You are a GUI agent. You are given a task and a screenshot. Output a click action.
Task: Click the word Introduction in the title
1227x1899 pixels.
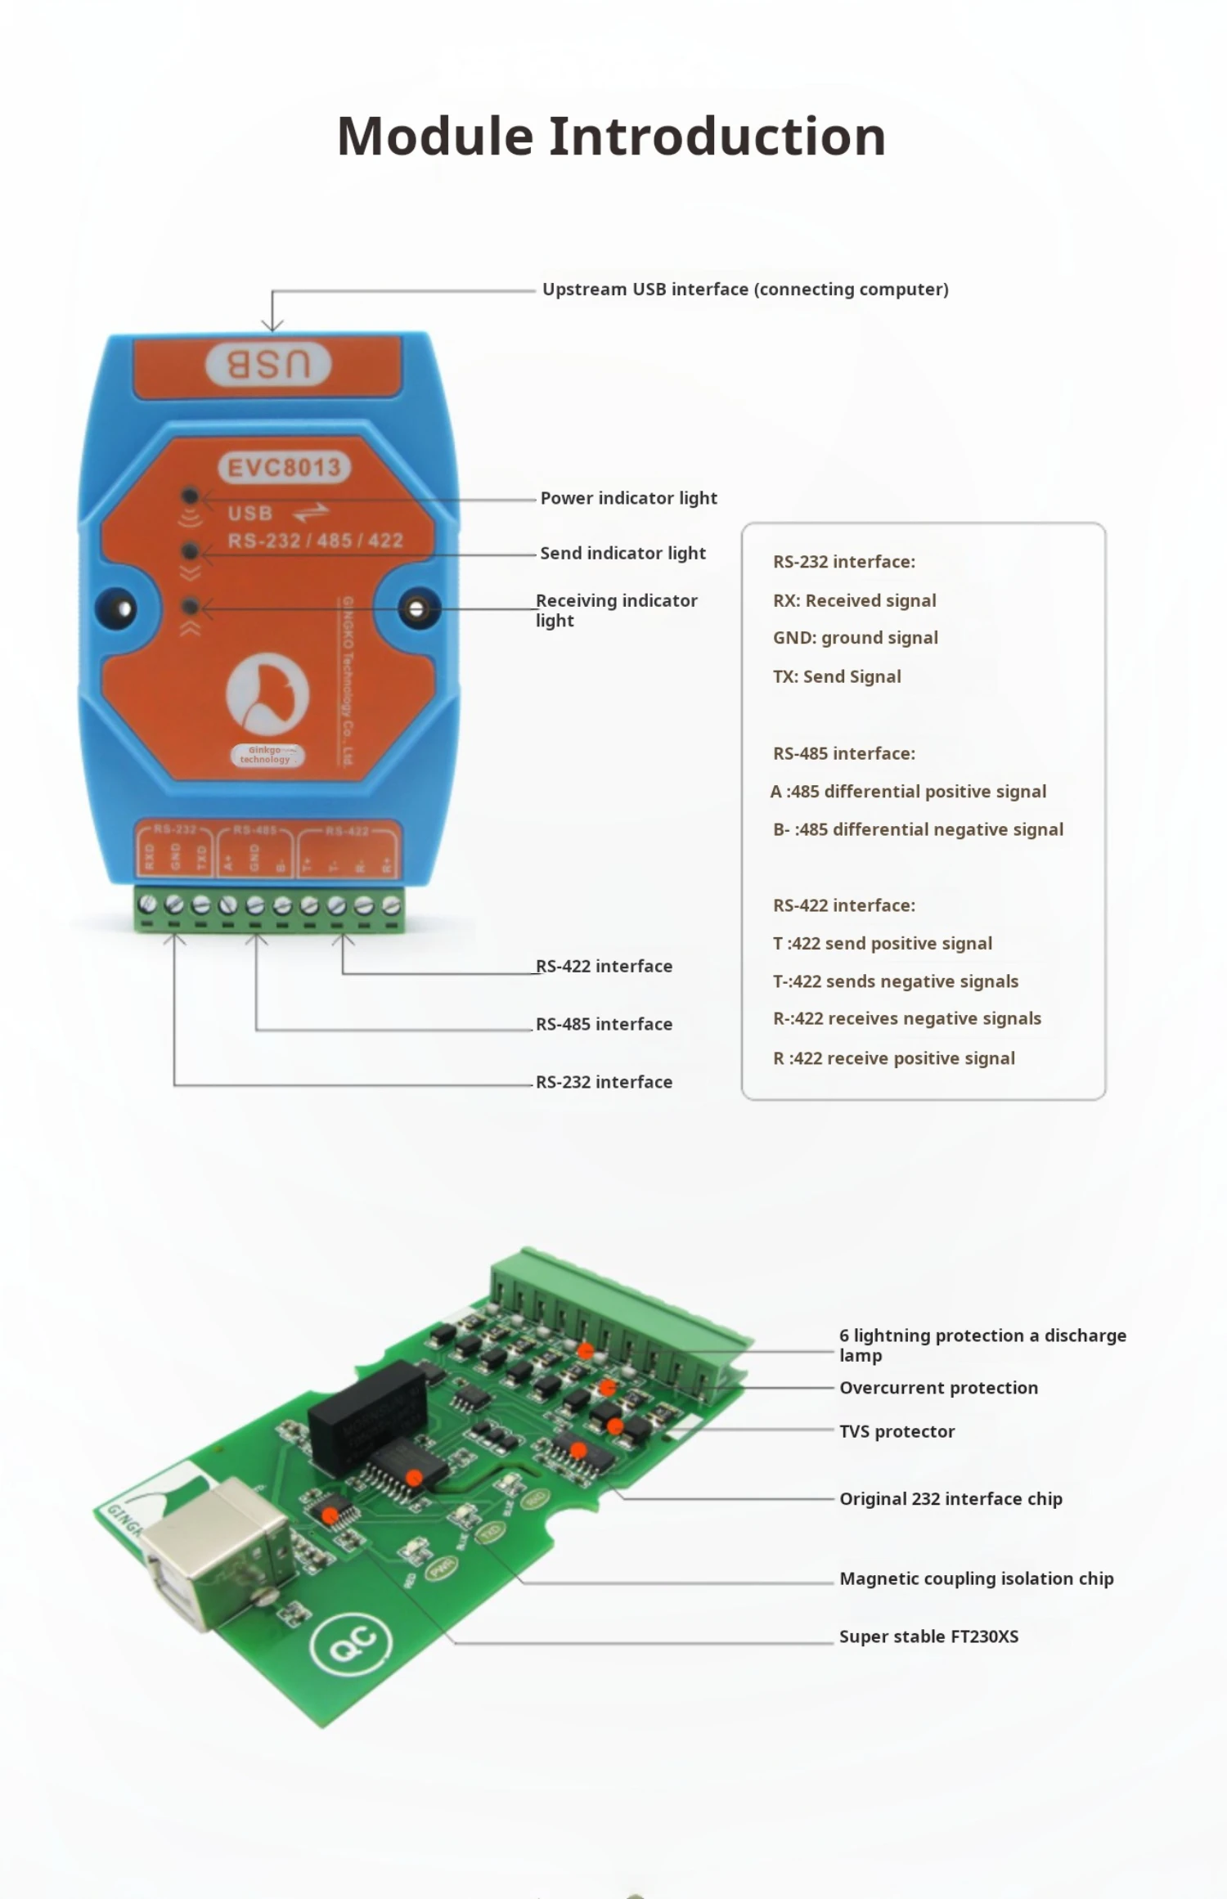(x=717, y=136)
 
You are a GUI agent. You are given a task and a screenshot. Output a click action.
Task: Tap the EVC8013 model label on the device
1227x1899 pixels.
(x=284, y=468)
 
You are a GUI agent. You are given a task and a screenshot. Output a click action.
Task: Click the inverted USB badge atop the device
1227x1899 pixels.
(x=268, y=365)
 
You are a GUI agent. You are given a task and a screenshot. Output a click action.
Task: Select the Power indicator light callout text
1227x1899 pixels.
(x=628, y=498)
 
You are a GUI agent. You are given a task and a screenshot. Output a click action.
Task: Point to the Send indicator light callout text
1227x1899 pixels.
(x=622, y=553)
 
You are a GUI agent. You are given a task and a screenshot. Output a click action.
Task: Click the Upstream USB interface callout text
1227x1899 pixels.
(x=745, y=290)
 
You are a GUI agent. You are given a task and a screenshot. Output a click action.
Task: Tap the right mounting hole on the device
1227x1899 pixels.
(x=417, y=609)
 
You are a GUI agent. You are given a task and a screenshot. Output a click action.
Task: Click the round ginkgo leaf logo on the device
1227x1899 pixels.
(x=267, y=691)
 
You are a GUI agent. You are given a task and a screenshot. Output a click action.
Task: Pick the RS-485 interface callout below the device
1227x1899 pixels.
(x=604, y=1024)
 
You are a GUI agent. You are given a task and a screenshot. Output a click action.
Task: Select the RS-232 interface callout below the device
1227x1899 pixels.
(x=604, y=1082)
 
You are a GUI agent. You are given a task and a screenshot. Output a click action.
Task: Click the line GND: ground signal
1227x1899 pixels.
(x=855, y=638)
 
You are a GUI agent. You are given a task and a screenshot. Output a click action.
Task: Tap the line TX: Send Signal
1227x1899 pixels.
(x=837, y=676)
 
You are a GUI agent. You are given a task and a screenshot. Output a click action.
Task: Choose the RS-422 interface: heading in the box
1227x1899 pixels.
(x=843, y=905)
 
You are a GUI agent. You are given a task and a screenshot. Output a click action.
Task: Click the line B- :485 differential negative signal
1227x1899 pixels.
(x=918, y=829)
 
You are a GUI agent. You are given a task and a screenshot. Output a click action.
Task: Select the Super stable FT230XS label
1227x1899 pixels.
(x=928, y=1636)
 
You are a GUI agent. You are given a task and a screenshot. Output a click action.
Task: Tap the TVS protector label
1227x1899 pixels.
(x=897, y=1431)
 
